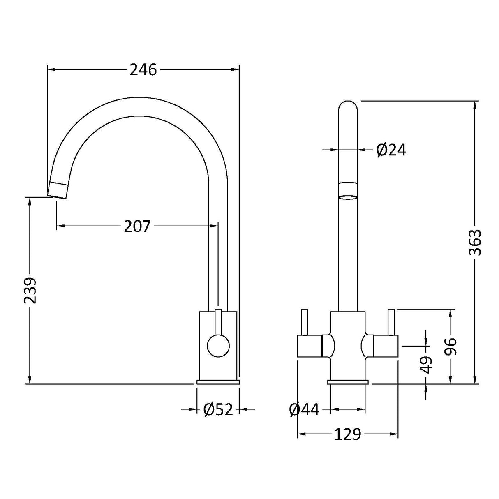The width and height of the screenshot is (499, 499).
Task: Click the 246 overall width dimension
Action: click(x=143, y=70)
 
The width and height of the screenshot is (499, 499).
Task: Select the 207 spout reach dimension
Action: click(x=137, y=226)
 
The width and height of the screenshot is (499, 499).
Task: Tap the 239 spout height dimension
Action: click(x=30, y=290)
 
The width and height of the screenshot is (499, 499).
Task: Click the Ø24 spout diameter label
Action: click(x=391, y=150)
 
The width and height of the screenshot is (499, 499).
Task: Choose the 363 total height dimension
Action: click(x=475, y=243)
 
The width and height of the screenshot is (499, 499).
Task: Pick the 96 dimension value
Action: click(x=451, y=347)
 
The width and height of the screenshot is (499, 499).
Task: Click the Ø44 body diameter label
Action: click(x=304, y=409)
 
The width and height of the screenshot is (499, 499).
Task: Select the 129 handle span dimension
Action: click(x=347, y=434)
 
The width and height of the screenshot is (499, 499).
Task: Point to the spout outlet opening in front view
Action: click(x=347, y=197)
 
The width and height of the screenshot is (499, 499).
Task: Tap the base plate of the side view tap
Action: click(x=218, y=382)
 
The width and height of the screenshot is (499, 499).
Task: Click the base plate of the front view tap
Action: click(x=347, y=382)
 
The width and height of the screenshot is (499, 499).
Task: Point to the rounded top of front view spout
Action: click(x=347, y=105)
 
